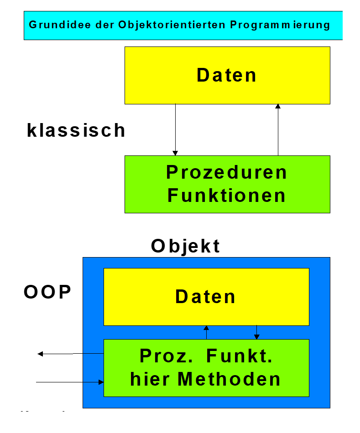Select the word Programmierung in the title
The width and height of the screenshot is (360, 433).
coord(280,25)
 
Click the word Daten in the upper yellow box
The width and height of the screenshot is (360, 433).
coord(227,75)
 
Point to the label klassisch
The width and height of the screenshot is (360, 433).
coord(76,130)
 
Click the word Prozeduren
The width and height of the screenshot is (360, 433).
coord(227,172)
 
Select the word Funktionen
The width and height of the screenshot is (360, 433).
coord(227,196)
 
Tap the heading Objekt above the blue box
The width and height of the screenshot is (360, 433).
coord(186,246)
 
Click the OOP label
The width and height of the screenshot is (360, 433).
coord(47,292)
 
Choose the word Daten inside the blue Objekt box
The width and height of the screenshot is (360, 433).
coord(206,297)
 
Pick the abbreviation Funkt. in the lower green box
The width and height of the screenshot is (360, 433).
coord(239,356)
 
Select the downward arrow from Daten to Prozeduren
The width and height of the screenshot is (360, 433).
coord(175,130)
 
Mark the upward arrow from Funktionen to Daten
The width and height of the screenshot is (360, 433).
coord(278,130)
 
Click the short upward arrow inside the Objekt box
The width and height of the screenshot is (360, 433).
coord(206,332)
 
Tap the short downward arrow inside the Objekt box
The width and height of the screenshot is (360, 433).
coord(257,332)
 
